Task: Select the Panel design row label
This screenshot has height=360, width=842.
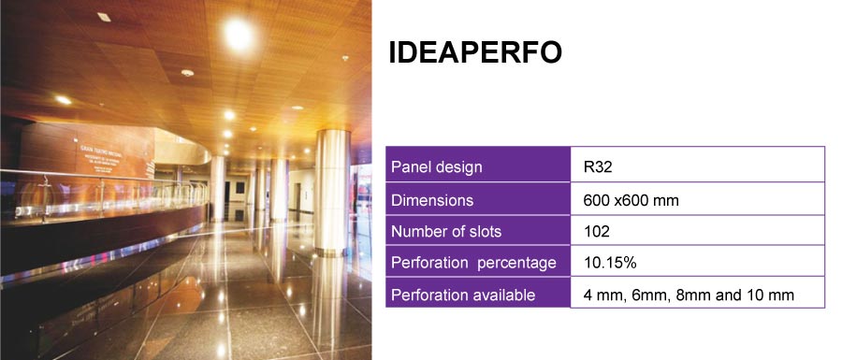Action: pos(437,167)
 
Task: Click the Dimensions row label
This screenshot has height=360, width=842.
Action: pos(432,200)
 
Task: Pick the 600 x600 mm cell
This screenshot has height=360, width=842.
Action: pos(631,200)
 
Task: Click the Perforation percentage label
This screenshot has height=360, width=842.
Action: pos(473,263)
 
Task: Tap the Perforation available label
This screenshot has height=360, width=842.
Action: pos(463,295)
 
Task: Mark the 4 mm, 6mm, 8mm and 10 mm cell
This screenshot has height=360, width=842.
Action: pos(688,295)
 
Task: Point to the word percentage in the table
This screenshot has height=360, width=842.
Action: pos(517,264)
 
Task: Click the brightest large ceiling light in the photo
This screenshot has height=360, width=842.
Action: pos(238,35)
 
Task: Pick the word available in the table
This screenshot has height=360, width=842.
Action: pos(501,295)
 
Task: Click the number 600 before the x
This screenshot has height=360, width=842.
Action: pos(596,200)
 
